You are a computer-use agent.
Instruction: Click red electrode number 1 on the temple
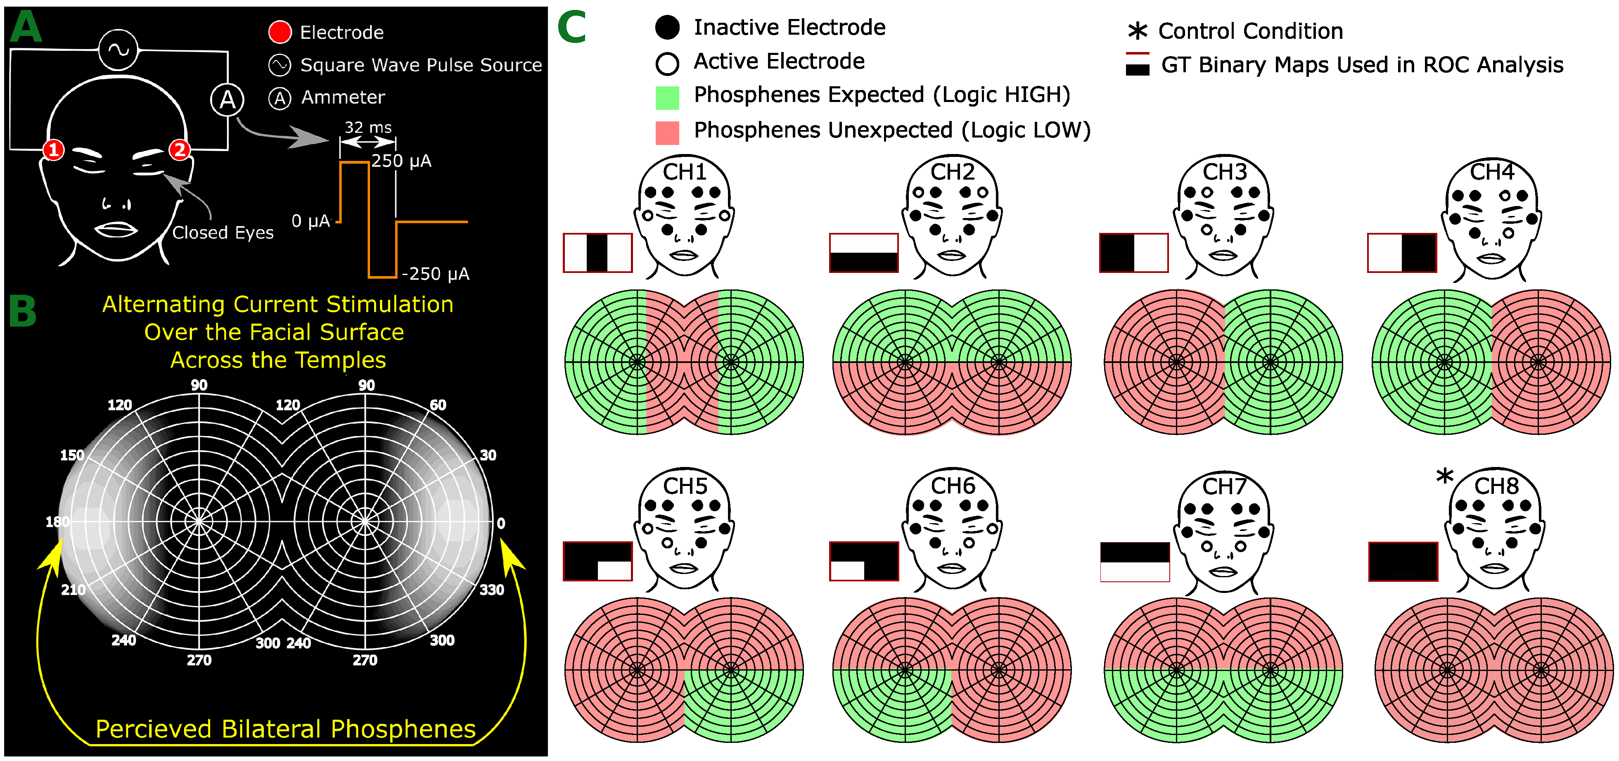tap(53, 149)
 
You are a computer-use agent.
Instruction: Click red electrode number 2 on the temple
tap(180, 149)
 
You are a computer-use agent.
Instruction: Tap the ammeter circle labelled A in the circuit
tap(227, 99)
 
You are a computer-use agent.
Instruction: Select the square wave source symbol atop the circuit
tap(118, 50)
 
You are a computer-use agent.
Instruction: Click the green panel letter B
tap(23, 312)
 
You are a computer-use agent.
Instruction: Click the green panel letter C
tap(571, 28)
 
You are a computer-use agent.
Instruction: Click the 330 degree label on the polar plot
tap(491, 590)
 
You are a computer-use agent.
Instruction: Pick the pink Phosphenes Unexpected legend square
tap(667, 133)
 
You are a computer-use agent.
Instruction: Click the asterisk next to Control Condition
tap(1137, 31)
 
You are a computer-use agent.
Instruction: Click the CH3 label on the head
tap(1224, 171)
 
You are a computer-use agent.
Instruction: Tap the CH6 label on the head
tap(953, 486)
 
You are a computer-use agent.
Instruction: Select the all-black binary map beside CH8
tap(1403, 561)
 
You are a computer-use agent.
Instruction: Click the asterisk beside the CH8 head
tap(1444, 477)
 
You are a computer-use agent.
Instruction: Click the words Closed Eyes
tap(223, 232)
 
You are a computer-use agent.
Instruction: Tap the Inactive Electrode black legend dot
tap(667, 27)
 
